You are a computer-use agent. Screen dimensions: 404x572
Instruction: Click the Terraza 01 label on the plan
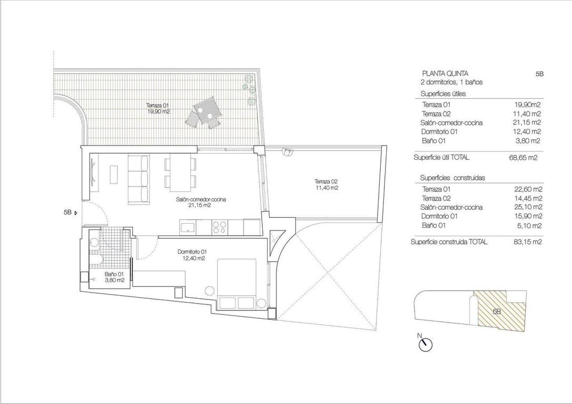[158, 108]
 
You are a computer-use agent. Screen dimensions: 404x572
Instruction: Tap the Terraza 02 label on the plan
[327, 185]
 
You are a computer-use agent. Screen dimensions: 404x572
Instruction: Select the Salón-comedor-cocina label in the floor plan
[193, 203]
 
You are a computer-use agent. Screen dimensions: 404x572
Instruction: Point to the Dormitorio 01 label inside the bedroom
[191, 255]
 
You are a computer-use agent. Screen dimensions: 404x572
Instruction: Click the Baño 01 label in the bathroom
[114, 277]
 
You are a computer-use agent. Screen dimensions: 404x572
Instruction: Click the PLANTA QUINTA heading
[445, 74]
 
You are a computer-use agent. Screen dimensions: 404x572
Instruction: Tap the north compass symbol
[425, 344]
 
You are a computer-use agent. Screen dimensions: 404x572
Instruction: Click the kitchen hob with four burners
[219, 227]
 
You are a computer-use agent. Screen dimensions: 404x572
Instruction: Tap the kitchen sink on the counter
[188, 227]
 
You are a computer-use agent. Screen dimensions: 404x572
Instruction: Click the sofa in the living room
[139, 178]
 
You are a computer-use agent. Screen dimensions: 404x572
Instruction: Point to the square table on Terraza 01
[205, 108]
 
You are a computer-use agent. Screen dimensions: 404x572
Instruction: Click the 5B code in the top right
[539, 74]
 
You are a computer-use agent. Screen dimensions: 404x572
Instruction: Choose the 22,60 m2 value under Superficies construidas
[528, 189]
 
